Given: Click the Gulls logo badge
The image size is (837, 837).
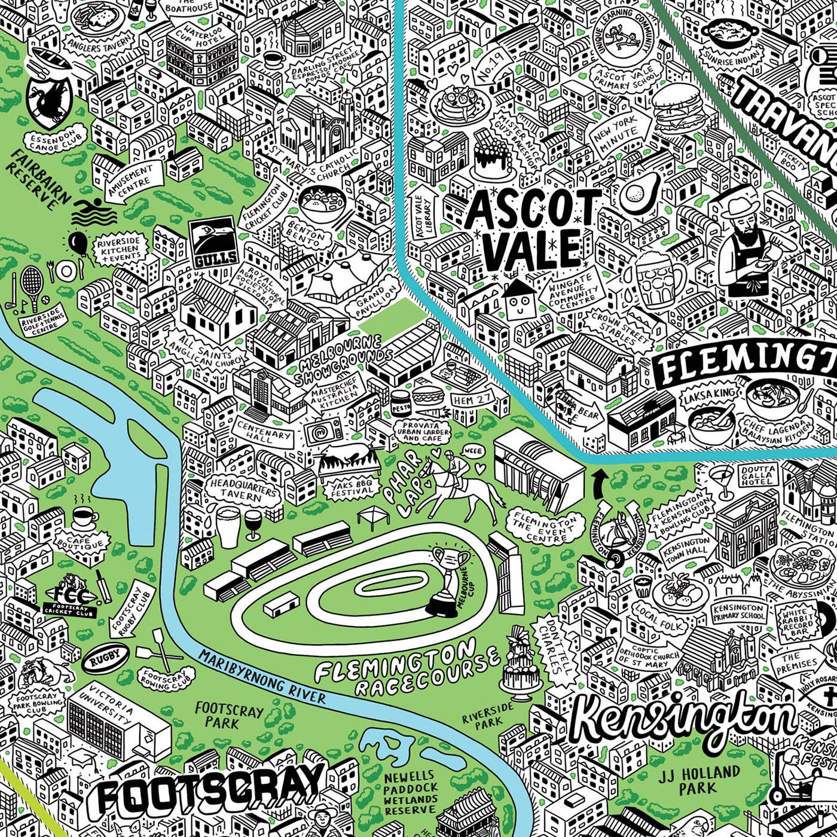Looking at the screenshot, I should [213, 245].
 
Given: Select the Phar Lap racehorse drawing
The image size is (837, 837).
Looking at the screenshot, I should [454, 487].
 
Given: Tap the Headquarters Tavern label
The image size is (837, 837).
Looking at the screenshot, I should [243, 489].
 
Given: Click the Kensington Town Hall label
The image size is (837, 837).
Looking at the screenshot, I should [686, 547].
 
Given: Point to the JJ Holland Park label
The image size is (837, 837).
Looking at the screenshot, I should [699, 780].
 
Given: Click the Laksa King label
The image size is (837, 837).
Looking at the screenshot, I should [708, 393].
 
